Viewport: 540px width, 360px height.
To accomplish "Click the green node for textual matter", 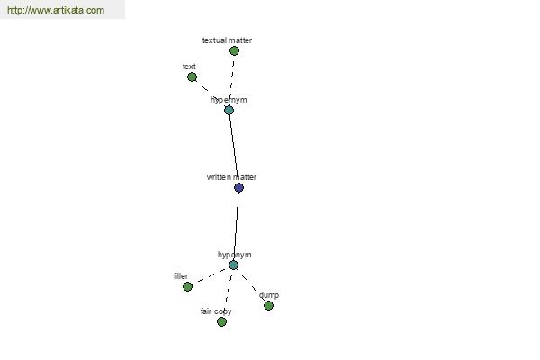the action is (x=234, y=51).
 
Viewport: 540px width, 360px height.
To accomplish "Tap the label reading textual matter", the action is (x=227, y=40).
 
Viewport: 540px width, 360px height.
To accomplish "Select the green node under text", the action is (x=193, y=76).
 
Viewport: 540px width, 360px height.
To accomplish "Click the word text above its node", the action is (x=189, y=66).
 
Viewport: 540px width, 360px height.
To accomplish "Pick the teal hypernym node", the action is (x=229, y=110).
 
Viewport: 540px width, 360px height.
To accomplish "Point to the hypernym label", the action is (x=229, y=100).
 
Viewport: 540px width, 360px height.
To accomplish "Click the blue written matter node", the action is (x=238, y=188).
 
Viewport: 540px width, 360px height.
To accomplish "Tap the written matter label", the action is (x=231, y=177).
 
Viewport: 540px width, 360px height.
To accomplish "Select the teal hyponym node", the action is (x=233, y=265).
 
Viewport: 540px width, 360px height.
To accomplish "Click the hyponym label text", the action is (x=235, y=255).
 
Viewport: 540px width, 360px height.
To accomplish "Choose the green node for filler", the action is (x=187, y=286).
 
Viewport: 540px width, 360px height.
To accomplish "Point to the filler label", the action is (x=181, y=276).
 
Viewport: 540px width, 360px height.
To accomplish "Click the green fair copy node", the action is (x=221, y=322).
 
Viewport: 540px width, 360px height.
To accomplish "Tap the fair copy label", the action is (x=216, y=311).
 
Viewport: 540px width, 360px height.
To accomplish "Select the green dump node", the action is (x=268, y=306).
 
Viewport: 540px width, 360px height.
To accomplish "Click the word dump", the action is (x=269, y=295).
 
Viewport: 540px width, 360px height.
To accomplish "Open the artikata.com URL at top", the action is (x=56, y=10).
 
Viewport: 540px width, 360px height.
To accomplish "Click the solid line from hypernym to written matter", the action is (x=234, y=148).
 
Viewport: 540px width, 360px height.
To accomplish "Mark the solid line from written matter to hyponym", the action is (x=236, y=226).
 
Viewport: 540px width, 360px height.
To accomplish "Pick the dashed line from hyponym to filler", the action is (x=211, y=276).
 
